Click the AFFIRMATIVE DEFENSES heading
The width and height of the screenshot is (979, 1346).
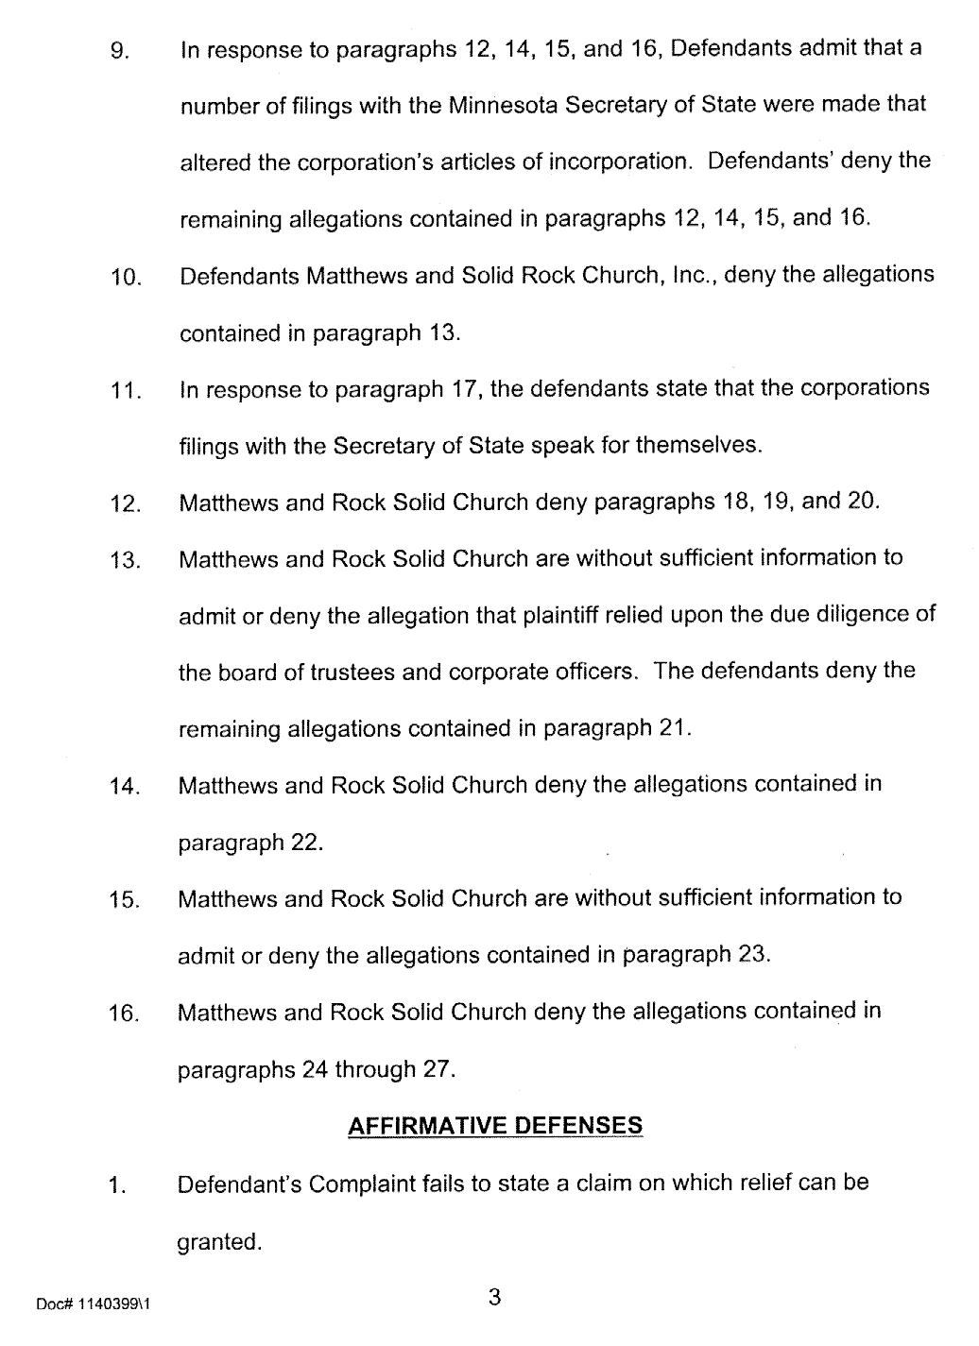click(495, 1126)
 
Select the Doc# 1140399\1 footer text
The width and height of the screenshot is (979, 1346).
click(94, 1304)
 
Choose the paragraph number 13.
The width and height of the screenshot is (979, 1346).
click(125, 560)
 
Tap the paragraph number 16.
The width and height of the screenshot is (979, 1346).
click(125, 1014)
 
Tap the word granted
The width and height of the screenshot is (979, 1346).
click(219, 1242)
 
